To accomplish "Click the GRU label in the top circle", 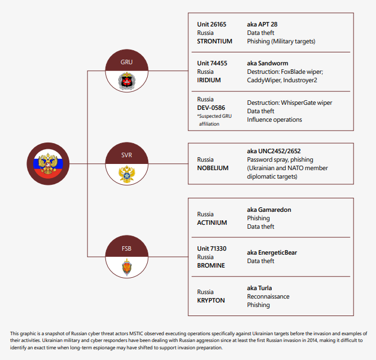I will pos(126,61).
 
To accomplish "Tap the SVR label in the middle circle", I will pos(126,153).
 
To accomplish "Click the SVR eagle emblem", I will pos(126,174).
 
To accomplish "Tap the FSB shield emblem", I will pos(126,266).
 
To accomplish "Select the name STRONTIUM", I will pos(215,42).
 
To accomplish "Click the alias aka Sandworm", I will pos(268,64).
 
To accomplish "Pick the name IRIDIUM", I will pos(209,81).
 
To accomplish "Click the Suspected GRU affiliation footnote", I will pos(214,120).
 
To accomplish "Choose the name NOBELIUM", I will pos(213,168).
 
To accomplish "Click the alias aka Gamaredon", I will pos(269,210).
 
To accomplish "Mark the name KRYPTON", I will pos(211,301).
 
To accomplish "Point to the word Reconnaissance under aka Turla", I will pos(268,296).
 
